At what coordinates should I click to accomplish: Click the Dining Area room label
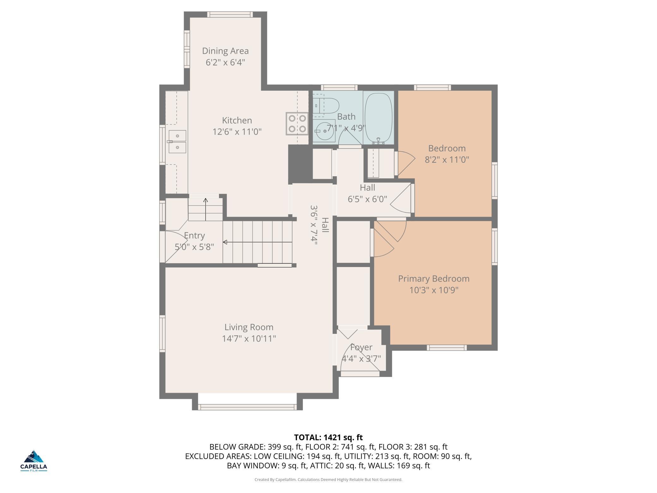click(x=225, y=51)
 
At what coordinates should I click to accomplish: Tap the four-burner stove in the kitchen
click(x=297, y=124)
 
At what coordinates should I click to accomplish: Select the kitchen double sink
click(x=177, y=142)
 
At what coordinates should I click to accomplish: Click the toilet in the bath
click(x=326, y=106)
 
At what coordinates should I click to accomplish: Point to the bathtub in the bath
click(x=378, y=119)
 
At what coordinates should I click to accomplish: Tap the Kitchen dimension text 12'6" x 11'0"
click(x=237, y=131)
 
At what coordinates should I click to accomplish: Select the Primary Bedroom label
click(x=434, y=279)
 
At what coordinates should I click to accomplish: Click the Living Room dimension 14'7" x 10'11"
click(x=249, y=338)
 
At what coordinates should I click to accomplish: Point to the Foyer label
click(x=361, y=347)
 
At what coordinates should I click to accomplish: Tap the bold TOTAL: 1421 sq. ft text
click(x=328, y=437)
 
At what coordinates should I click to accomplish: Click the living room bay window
click(x=247, y=407)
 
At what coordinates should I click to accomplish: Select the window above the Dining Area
click(x=230, y=14)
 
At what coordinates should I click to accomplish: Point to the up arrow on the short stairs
click(x=206, y=210)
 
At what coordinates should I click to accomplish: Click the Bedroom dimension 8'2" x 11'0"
click(x=447, y=159)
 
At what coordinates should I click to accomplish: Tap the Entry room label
click(x=194, y=235)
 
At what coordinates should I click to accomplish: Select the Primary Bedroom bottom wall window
click(x=447, y=348)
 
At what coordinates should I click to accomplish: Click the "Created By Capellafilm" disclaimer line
click(x=328, y=479)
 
